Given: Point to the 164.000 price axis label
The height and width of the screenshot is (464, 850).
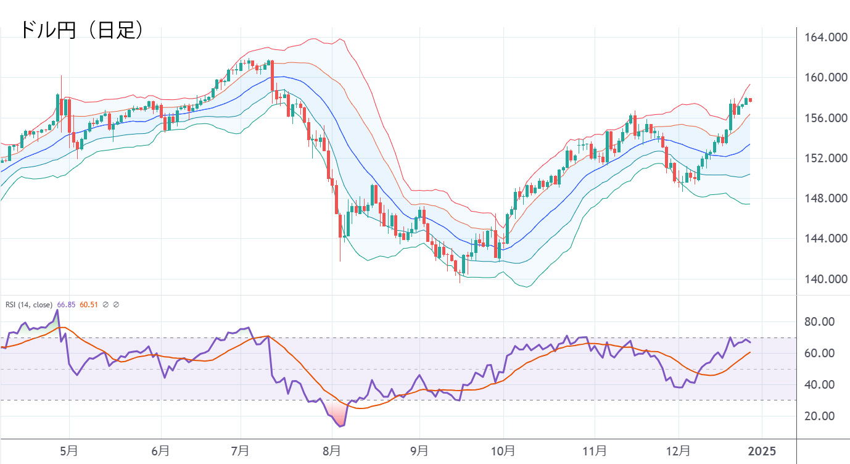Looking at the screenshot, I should point(825,38).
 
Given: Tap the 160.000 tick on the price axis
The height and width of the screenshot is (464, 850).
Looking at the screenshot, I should point(825,78).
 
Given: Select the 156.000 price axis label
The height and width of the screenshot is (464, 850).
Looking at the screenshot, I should point(825,118).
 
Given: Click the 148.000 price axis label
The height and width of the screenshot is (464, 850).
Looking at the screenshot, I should point(825,199).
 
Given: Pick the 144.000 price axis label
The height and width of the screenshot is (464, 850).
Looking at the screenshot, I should point(825,239).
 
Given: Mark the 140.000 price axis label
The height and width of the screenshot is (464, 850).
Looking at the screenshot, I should point(825,279).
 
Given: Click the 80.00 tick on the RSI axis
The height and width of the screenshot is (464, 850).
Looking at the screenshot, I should point(820,322).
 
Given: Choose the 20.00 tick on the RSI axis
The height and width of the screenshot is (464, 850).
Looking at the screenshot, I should point(820,416).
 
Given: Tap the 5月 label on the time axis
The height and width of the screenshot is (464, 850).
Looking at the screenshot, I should point(70,451).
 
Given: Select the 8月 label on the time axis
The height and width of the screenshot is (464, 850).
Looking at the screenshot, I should point(332,451).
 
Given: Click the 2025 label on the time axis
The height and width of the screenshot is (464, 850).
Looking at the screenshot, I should point(761,451).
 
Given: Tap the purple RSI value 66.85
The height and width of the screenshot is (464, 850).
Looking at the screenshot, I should point(66,305).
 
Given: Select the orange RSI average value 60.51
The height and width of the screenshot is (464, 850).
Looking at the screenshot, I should point(89,305).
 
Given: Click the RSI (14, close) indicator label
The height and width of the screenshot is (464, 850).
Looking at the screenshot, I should point(29,305).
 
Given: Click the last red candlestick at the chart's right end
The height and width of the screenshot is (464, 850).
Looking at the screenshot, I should point(750,100).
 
